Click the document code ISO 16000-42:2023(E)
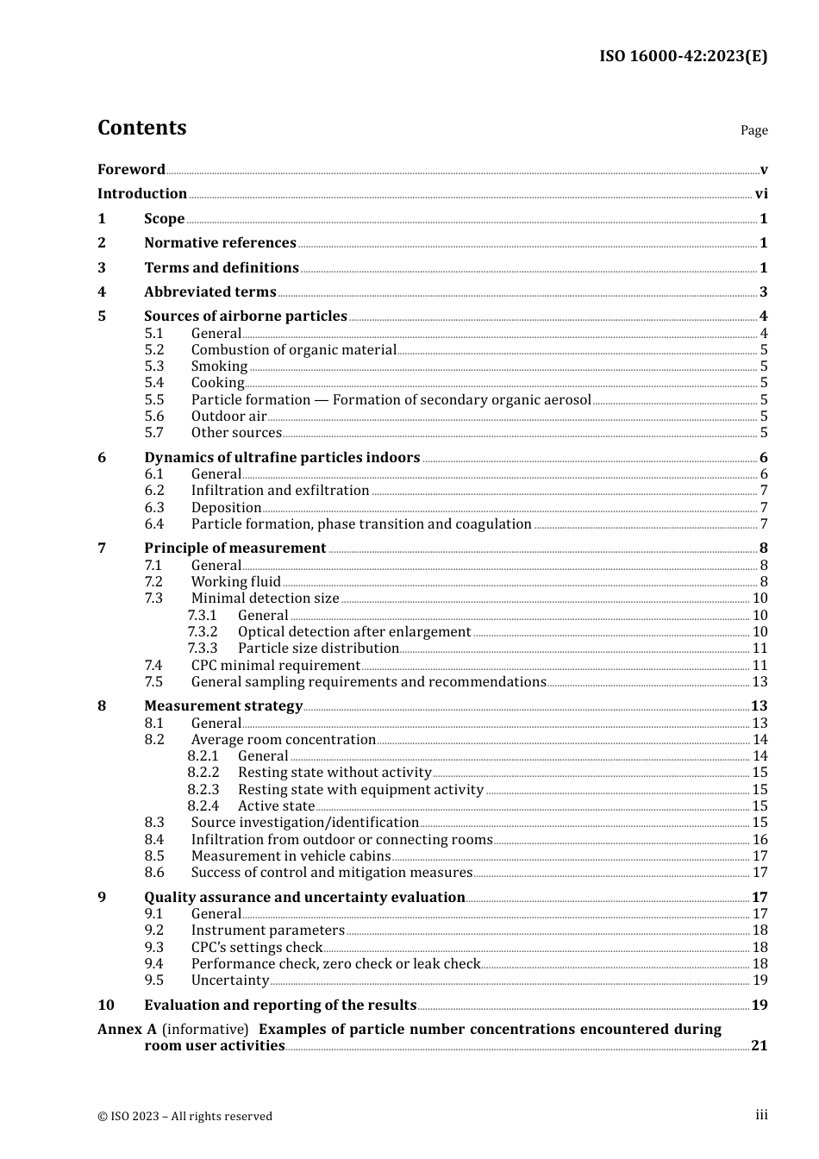[x=683, y=56]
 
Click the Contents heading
[x=141, y=128]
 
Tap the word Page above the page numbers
[x=753, y=130]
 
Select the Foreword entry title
[x=131, y=170]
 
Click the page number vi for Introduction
[x=761, y=194]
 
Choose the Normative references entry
[x=220, y=243]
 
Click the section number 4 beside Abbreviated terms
[x=102, y=292]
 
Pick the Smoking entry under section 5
[x=219, y=366]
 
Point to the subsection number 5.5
[x=153, y=400]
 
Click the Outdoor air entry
[x=228, y=417]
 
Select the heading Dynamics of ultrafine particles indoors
[x=282, y=458]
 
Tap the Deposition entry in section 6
[x=226, y=508]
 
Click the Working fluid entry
[x=235, y=582]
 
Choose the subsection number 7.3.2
[x=203, y=632]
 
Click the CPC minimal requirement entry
[x=275, y=666]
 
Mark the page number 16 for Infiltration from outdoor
[x=760, y=840]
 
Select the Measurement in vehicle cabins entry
[x=291, y=856]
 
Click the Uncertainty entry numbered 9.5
[x=229, y=980]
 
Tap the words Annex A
[x=127, y=1030]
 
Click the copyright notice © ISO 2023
[x=184, y=1116]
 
